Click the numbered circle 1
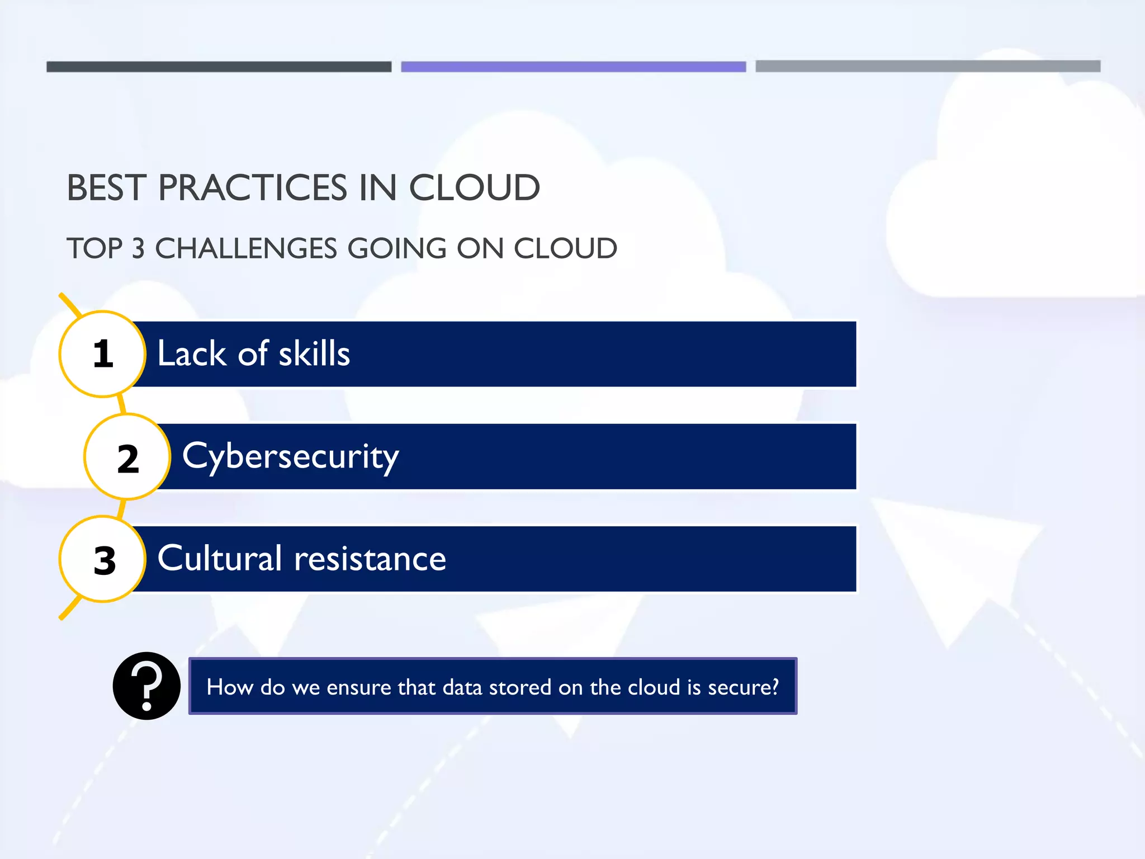coord(102,354)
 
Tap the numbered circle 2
coord(127,457)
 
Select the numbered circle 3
coord(103,559)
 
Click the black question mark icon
coord(146,686)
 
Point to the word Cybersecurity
coord(291,457)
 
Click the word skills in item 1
coord(314,354)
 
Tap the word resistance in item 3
coord(370,559)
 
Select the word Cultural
coord(220,559)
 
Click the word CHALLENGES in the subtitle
coord(246,248)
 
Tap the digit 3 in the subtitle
coord(138,248)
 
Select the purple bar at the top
coord(573,67)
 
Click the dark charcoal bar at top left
coord(219,67)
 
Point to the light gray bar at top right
coord(928,66)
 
